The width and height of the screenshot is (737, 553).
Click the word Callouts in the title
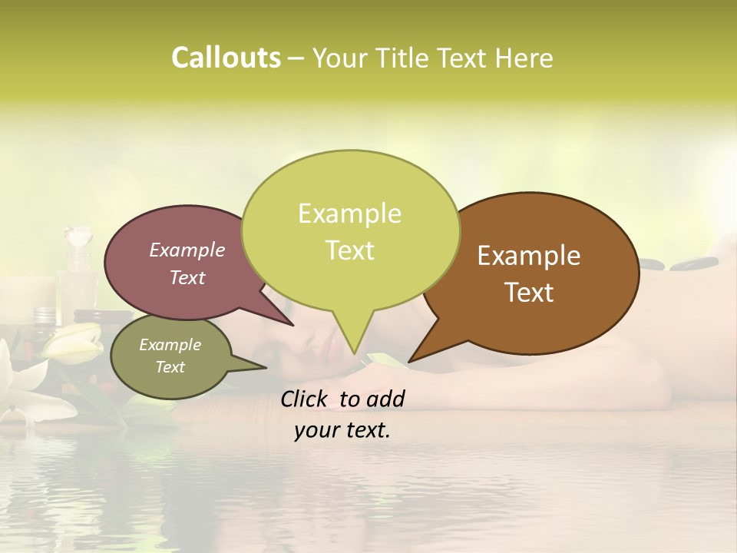226,58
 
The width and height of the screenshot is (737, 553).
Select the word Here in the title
524,58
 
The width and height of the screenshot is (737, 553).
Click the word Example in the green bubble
349,214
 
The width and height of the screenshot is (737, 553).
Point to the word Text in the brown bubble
530,293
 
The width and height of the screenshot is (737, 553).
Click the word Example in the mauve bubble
187,250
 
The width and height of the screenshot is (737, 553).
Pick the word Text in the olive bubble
170,367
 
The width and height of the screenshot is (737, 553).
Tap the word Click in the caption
305,399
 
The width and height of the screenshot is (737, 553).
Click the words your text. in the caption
342,430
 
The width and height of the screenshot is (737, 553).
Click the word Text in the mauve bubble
187,277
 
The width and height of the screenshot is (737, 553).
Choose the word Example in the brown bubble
529,256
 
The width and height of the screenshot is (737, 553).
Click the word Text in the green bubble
349,250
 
